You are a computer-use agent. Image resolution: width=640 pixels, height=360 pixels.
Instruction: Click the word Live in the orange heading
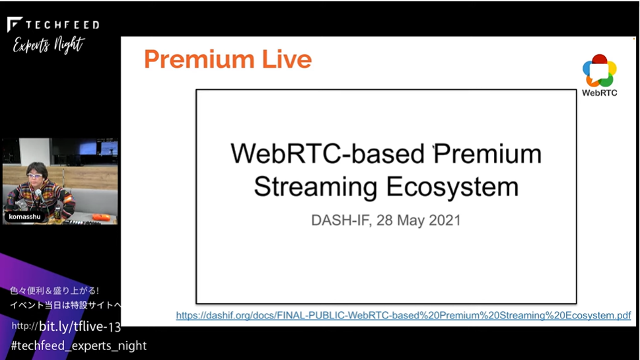coord(287,59)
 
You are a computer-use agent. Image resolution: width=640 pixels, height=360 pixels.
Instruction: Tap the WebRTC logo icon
coord(599,70)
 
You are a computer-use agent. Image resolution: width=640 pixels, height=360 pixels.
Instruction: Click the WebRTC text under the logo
coord(599,92)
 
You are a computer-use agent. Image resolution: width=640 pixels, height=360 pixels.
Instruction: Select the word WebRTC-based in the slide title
coord(328,154)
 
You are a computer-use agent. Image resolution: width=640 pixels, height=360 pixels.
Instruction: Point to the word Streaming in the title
coord(316,187)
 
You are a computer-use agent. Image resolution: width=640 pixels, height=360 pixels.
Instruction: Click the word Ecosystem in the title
coord(452,187)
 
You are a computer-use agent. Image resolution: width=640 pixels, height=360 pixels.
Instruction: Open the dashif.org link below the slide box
coord(404,316)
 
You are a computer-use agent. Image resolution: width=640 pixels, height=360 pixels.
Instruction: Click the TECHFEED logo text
coord(63,25)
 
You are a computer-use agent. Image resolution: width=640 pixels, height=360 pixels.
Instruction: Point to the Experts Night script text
coord(48,44)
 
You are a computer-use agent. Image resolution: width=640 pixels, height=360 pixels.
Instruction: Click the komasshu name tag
coord(24,217)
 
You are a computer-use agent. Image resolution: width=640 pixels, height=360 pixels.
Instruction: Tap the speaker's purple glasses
coord(35,176)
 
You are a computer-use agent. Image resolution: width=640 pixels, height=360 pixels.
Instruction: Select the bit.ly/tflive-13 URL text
coord(66,326)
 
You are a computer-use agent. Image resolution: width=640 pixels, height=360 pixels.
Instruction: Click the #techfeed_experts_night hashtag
coord(79,345)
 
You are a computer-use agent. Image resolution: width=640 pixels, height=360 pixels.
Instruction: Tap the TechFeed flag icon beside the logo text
coord(15,24)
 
